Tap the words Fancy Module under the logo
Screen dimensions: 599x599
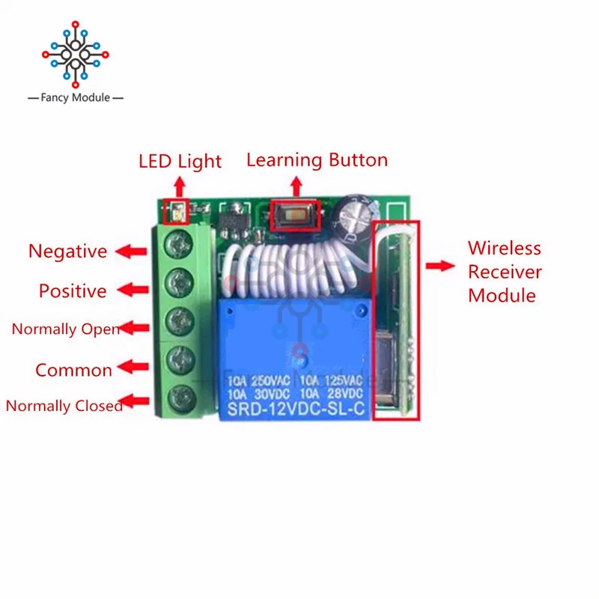(x=76, y=98)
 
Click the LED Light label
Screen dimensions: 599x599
(x=180, y=161)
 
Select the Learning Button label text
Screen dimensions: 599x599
(x=317, y=159)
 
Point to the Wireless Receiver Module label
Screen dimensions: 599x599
(x=504, y=271)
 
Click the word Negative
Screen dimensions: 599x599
(x=67, y=252)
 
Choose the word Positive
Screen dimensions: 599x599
(x=73, y=291)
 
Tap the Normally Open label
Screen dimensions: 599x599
(x=65, y=329)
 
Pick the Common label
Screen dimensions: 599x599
(x=73, y=370)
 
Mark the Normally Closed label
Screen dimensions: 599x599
(x=64, y=407)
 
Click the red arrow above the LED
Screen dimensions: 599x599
(x=180, y=186)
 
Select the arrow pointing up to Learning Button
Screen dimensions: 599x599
(x=297, y=185)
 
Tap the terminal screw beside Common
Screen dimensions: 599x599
(x=180, y=356)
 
